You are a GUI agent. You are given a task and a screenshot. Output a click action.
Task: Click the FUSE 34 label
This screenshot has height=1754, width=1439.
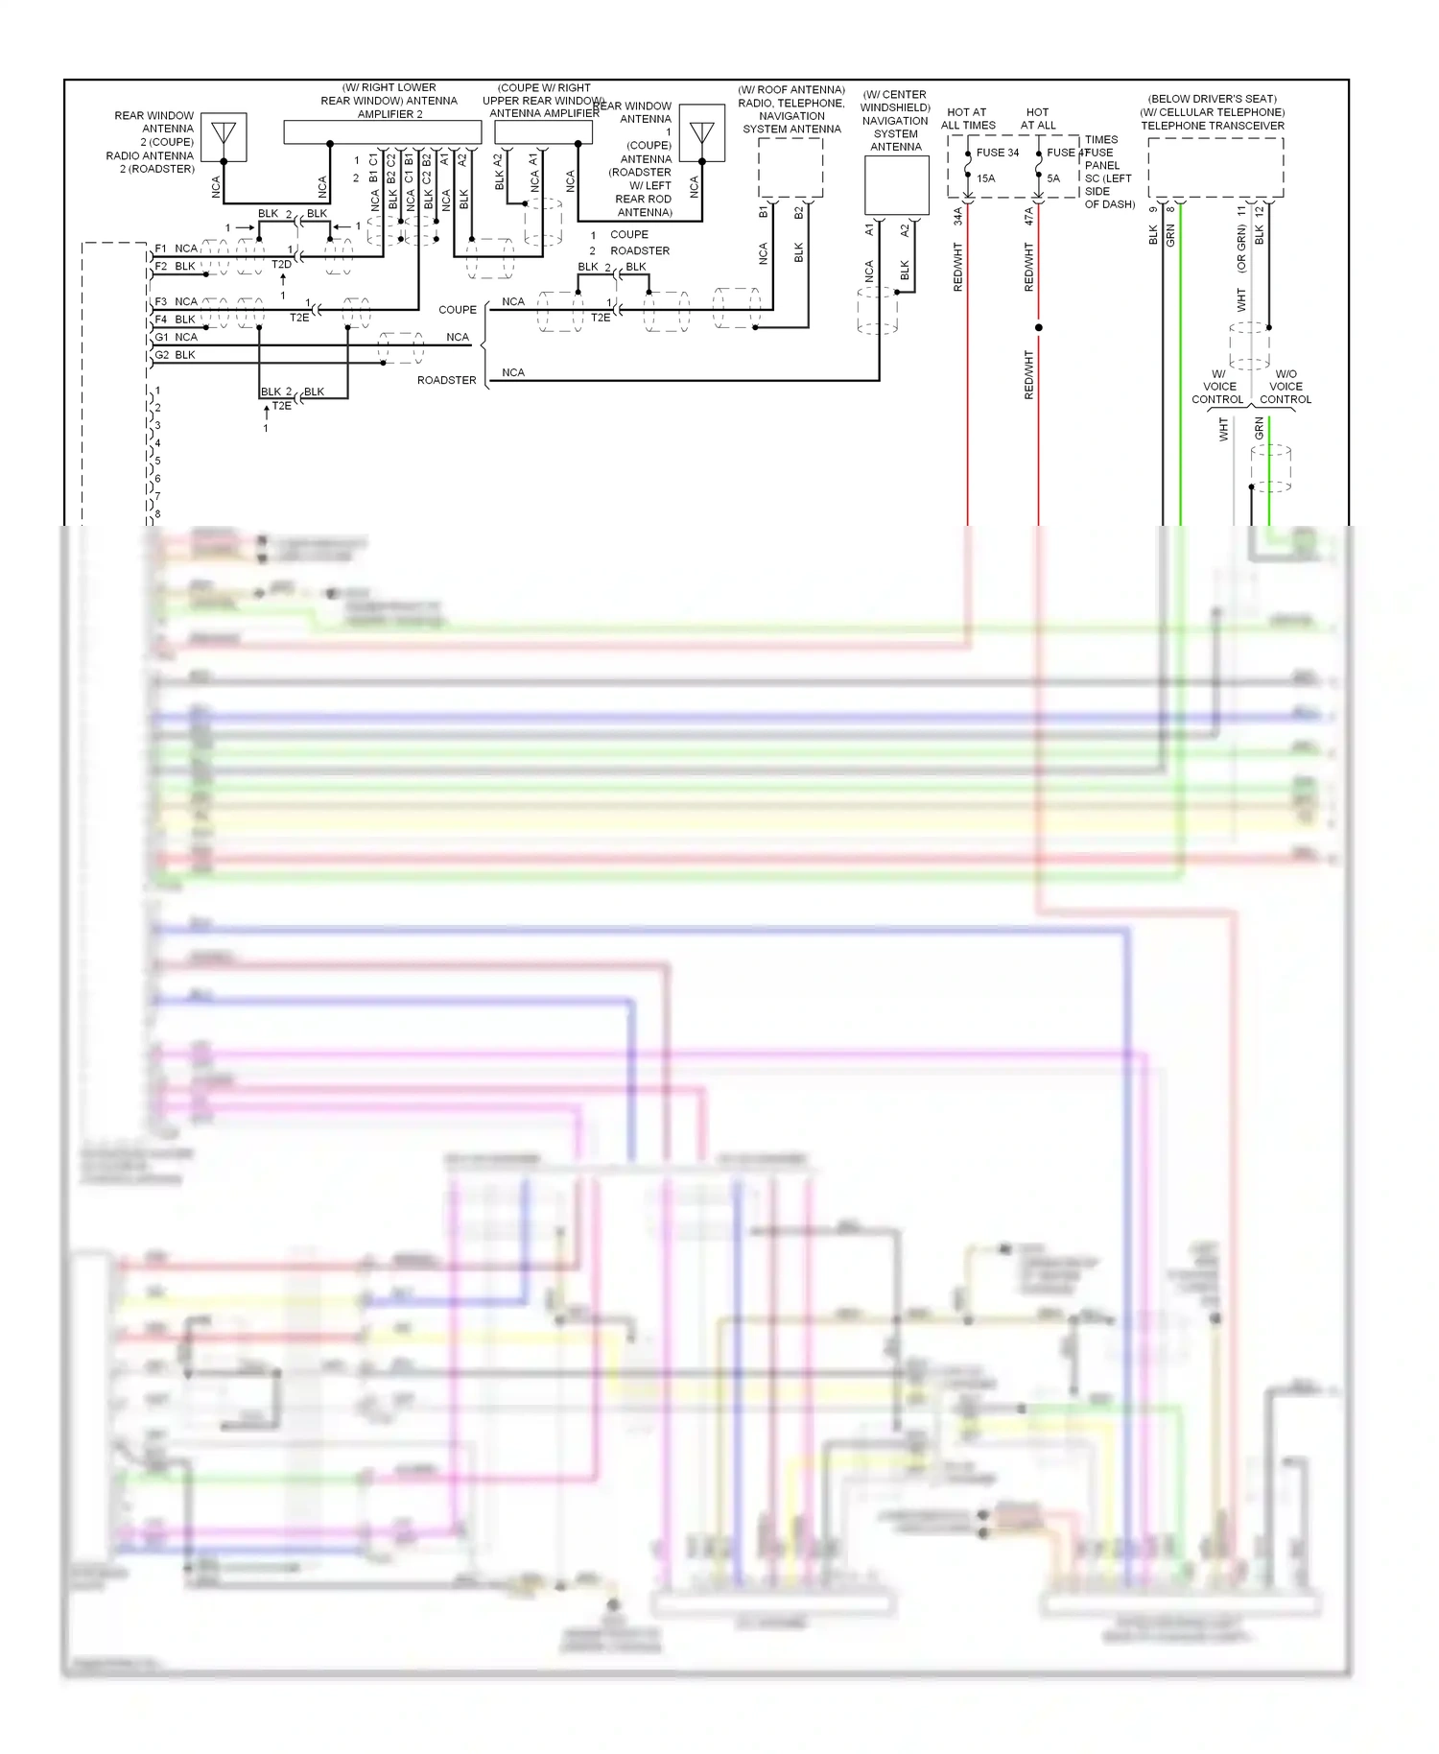click(997, 153)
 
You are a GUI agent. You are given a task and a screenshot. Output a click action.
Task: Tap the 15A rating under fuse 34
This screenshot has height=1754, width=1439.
click(985, 178)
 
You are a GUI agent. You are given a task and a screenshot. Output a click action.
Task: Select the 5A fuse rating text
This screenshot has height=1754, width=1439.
click(1053, 178)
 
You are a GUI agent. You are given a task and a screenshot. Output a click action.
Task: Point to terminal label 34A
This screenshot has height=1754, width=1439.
click(957, 217)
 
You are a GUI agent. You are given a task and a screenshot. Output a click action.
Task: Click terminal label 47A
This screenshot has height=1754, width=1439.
click(1028, 217)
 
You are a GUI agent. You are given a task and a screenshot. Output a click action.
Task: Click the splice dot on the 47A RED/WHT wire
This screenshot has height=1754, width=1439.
click(1038, 327)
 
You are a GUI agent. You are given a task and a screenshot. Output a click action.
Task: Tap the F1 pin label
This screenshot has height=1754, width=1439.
click(161, 249)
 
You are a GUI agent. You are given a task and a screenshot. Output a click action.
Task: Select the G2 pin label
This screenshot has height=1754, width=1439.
click(161, 355)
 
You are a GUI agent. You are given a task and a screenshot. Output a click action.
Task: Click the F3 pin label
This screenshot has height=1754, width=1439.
click(161, 302)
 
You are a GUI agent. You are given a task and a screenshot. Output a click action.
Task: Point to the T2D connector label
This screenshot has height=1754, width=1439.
click(281, 265)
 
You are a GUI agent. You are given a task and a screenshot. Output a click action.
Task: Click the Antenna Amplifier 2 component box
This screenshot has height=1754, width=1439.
click(382, 132)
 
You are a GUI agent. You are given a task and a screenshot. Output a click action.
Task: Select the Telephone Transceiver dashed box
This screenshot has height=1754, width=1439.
click(1215, 168)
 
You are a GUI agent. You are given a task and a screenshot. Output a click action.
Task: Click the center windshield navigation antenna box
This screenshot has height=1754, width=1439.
click(896, 185)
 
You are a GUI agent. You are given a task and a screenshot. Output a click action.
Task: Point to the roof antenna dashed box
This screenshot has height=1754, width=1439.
click(790, 168)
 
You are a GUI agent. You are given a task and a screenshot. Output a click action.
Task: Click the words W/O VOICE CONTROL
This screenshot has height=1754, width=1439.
click(1286, 387)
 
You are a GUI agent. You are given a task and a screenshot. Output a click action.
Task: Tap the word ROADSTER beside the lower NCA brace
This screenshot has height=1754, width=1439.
click(446, 380)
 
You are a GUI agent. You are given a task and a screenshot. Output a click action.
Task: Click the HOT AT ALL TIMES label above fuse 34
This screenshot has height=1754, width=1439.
click(967, 119)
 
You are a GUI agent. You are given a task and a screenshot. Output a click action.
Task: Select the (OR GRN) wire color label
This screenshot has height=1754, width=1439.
click(1240, 250)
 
